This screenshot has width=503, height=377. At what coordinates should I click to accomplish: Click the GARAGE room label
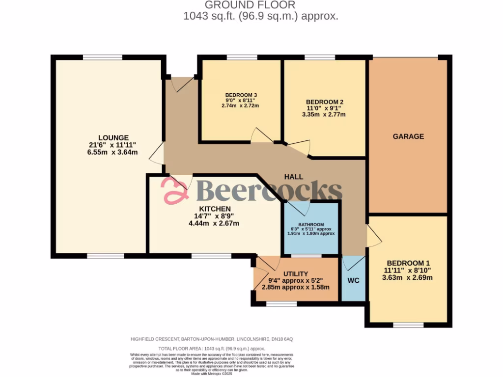click(x=408, y=136)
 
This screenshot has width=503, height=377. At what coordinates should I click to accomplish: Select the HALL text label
click(x=293, y=177)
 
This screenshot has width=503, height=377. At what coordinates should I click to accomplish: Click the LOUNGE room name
click(x=113, y=137)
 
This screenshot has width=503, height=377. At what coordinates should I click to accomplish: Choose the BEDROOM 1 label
click(x=408, y=262)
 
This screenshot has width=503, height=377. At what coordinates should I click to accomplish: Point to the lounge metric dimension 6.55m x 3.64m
click(x=113, y=152)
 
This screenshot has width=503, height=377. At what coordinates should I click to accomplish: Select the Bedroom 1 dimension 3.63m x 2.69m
click(x=408, y=277)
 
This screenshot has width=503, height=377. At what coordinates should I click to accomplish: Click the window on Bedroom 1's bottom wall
click(x=408, y=324)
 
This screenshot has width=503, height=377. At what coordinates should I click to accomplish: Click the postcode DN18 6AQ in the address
click(x=281, y=339)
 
